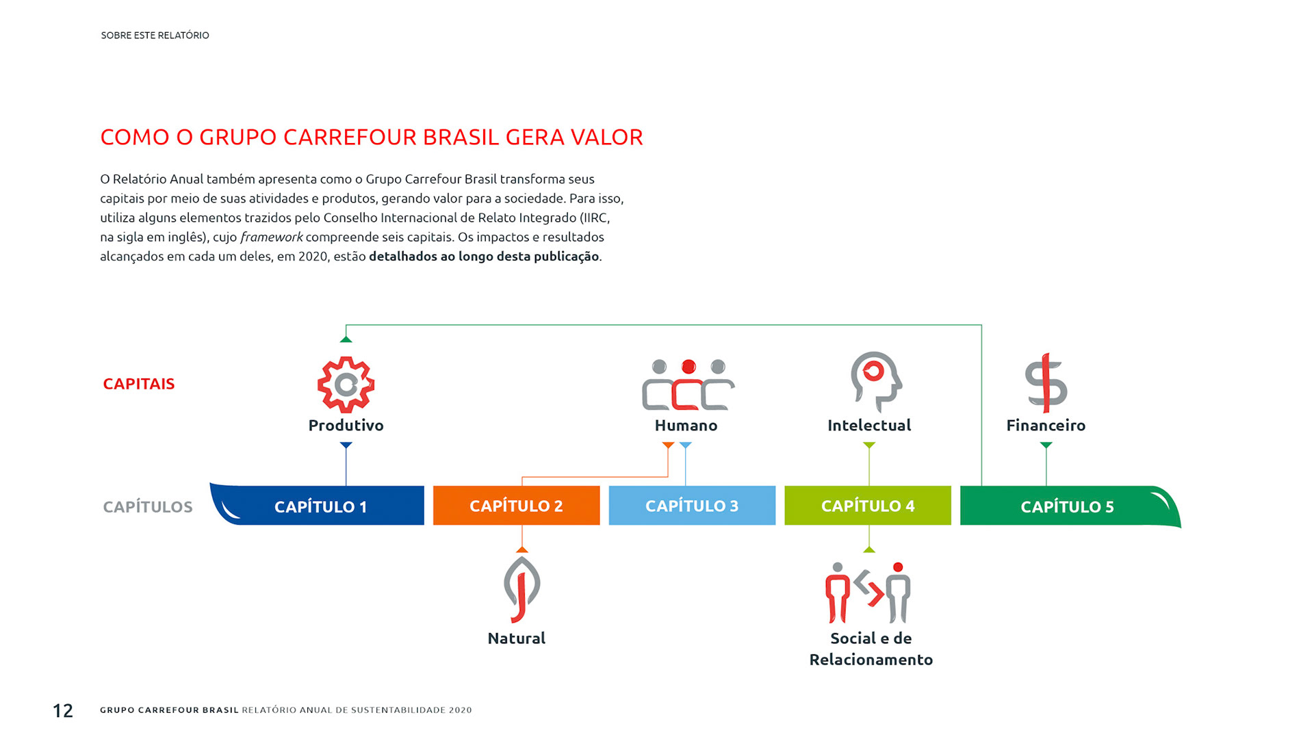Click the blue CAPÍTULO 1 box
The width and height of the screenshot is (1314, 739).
coord(320,506)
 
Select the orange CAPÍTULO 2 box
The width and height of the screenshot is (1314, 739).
coord(516,506)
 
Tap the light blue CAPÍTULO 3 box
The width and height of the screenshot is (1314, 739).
coord(692,506)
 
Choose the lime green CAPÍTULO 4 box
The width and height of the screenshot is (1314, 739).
coord(867,506)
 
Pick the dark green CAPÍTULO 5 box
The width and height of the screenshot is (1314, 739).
coord(1067,506)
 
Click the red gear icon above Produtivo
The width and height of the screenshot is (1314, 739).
coord(346,385)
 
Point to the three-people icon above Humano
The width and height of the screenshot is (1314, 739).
coord(688,385)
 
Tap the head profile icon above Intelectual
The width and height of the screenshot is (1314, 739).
coord(875,381)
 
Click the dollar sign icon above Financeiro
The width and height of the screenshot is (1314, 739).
coord(1046,383)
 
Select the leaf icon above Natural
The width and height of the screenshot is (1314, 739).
coord(521,589)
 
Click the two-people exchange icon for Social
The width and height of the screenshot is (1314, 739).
coord(868,593)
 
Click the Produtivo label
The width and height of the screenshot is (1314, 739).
coord(346,426)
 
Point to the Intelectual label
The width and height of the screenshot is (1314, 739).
coord(869,426)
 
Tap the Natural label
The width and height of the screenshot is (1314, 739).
coord(516,638)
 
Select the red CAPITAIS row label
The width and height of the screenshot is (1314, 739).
coord(139,384)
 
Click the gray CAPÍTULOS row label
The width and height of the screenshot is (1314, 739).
coord(148,507)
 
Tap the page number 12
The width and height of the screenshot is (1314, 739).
coord(63,711)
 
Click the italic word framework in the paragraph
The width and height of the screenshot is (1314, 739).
coord(271,237)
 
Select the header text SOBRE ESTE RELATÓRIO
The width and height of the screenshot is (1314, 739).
coord(155,36)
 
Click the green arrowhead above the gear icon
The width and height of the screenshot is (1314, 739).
coord(346,339)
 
